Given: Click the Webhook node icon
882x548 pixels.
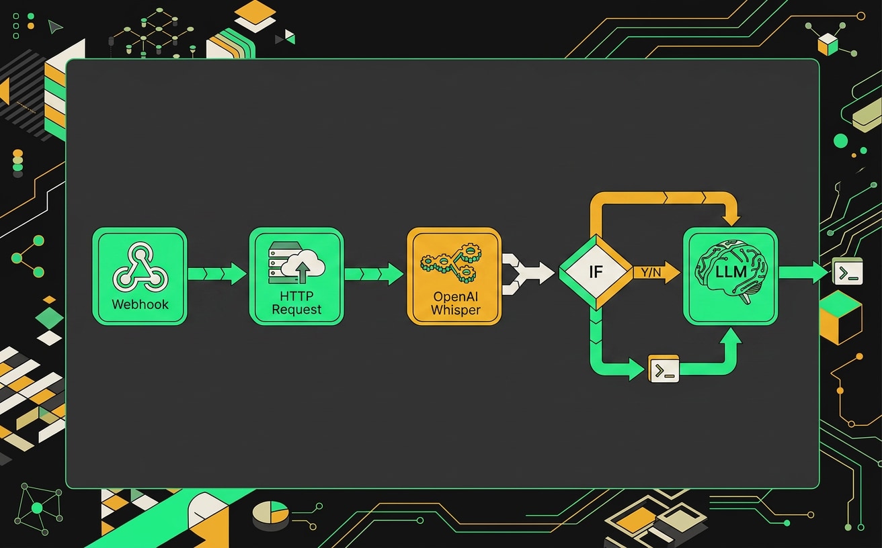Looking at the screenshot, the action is (x=141, y=267).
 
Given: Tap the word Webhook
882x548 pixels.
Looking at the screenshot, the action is (x=141, y=304).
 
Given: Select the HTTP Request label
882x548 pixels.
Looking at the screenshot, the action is (x=296, y=302).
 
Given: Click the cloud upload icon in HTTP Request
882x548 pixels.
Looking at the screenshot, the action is (x=303, y=266).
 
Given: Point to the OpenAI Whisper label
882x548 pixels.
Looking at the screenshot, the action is (x=456, y=303).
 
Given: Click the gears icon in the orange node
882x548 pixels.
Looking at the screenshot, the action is (x=451, y=263).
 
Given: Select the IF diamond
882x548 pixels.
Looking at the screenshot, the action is (x=596, y=272).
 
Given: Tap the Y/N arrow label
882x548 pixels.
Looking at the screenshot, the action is (x=651, y=272).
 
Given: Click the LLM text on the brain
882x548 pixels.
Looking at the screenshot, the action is (x=731, y=272).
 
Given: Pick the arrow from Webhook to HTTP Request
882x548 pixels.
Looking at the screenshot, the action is (x=217, y=273).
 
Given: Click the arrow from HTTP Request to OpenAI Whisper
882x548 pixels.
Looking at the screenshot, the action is (x=374, y=274).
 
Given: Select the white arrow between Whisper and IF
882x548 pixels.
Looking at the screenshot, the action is (x=528, y=273).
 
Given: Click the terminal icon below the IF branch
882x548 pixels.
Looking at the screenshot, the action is (x=664, y=369).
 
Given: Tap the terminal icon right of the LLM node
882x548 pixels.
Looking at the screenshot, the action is (x=847, y=271).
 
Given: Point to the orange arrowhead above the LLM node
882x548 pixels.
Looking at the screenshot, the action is (x=732, y=220).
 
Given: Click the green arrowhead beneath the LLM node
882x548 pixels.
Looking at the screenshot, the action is (x=731, y=336).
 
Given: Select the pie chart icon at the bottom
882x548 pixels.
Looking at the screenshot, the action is (x=270, y=513).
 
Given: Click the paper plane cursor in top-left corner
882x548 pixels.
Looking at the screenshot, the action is (x=54, y=26).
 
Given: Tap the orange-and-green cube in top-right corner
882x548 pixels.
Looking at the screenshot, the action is (x=828, y=44).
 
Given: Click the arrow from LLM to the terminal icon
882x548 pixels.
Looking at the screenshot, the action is (x=803, y=272).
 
